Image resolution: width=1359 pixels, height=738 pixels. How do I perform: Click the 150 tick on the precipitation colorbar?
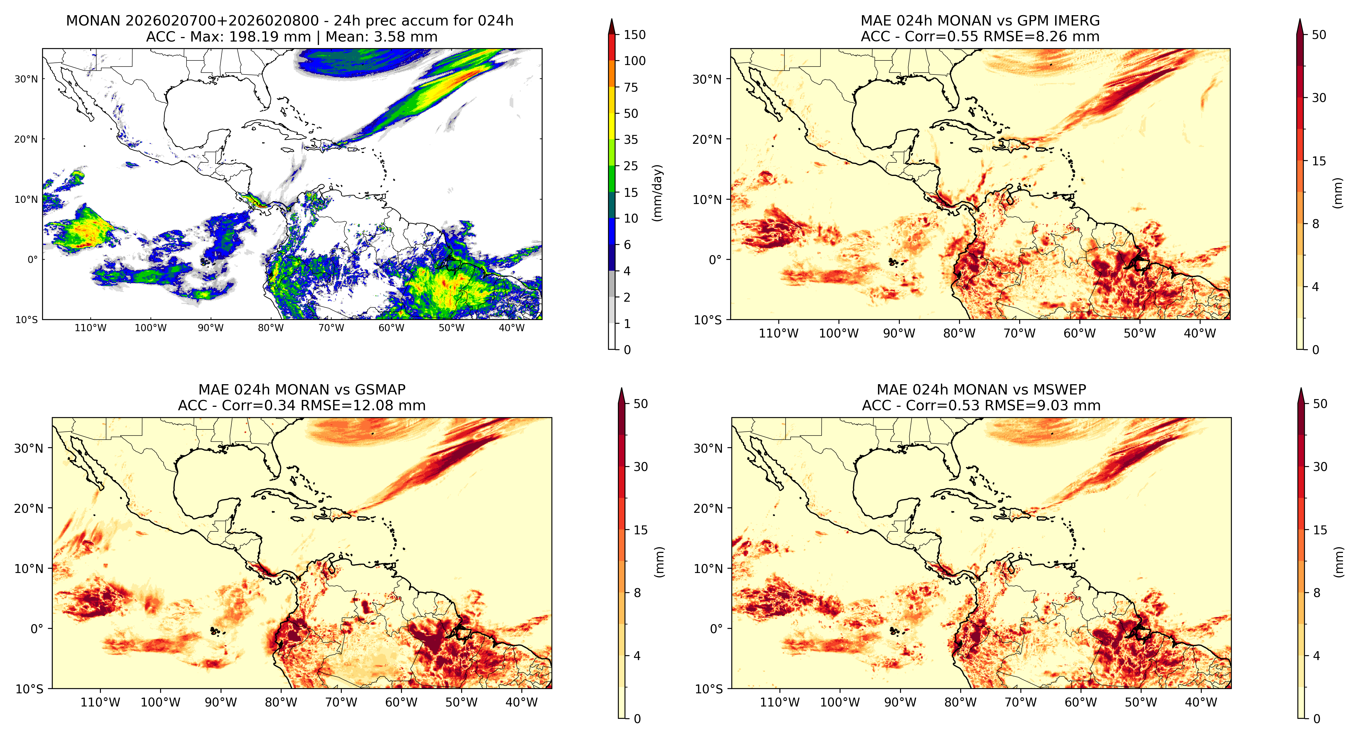(635, 35)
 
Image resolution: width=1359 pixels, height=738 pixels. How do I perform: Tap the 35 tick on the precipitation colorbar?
(631, 140)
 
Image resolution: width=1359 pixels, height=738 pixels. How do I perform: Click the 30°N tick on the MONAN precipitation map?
(26, 79)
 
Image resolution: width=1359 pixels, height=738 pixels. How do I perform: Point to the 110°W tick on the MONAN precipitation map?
(91, 327)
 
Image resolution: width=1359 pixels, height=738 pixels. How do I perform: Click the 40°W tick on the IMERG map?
(1200, 333)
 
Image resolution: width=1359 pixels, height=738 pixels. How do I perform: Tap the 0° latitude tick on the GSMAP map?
(37, 629)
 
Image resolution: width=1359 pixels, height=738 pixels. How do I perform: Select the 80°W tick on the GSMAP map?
(281, 703)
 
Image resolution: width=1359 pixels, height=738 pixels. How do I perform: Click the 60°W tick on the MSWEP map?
(1081, 703)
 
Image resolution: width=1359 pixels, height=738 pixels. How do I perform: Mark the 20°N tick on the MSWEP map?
(708, 509)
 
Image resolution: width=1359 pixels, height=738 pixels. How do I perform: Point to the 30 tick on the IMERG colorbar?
(1319, 98)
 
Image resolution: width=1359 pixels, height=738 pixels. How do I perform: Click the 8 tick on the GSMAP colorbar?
(637, 593)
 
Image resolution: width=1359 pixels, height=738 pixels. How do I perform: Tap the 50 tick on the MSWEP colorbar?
(1320, 404)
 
